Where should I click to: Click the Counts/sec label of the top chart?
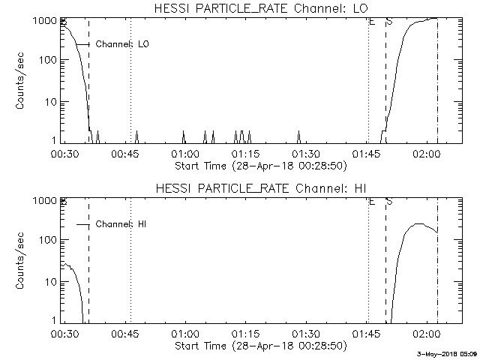(x=22, y=81)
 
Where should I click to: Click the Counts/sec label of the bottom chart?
(x=22, y=261)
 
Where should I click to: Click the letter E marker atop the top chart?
(x=371, y=21)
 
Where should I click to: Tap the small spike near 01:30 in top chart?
(x=298, y=136)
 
